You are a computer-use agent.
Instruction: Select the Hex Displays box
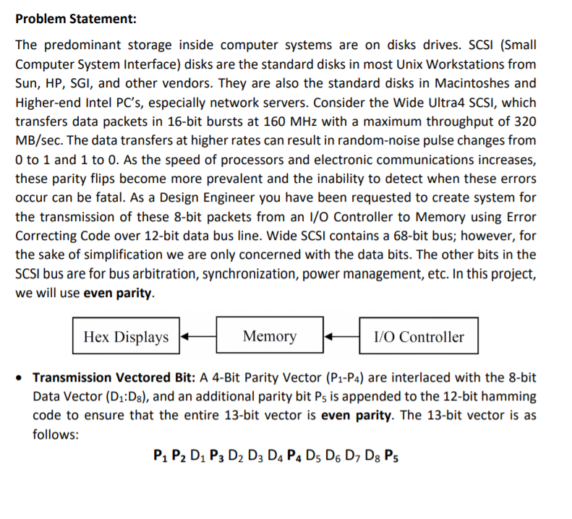pyautogui.click(x=126, y=337)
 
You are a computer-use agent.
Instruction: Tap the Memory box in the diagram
pyautogui.click(x=269, y=336)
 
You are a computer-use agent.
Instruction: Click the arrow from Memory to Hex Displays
pyautogui.click(x=197, y=337)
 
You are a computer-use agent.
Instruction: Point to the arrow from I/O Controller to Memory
pyautogui.click(x=341, y=337)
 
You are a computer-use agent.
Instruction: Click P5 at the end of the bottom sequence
pyautogui.click(x=391, y=456)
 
